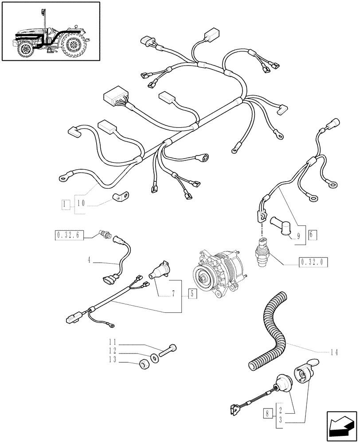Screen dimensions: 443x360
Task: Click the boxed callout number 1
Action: point(66,204)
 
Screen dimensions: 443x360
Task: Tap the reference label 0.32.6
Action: point(68,235)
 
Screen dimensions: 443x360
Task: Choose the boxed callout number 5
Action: point(192,293)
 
